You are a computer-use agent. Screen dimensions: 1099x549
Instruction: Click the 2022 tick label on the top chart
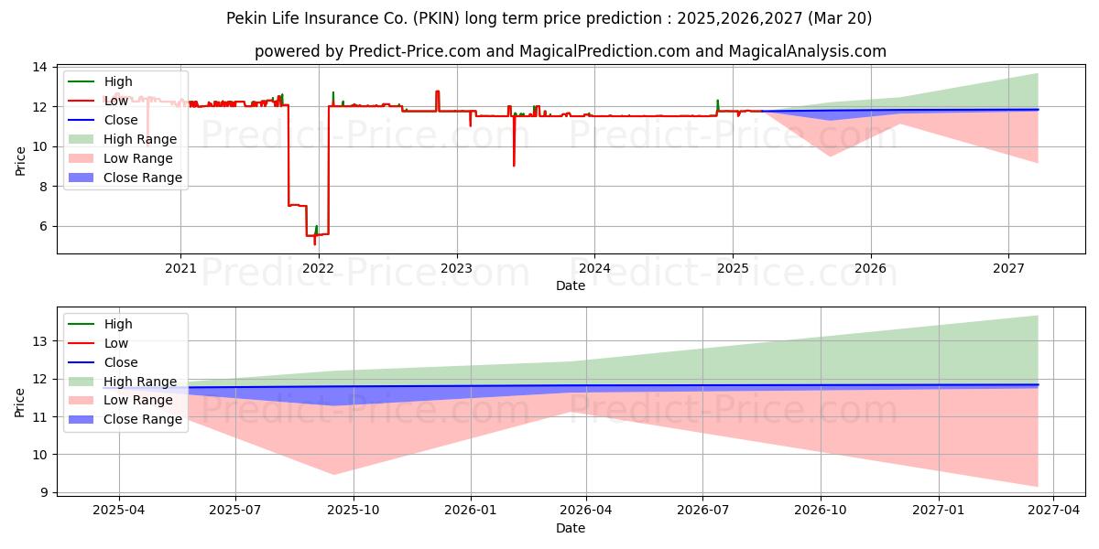319,269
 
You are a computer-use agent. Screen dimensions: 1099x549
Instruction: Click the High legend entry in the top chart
100,81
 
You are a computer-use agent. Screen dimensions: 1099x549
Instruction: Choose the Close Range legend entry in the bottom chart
125,419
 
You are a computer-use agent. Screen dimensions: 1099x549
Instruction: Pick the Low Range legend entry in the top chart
121,158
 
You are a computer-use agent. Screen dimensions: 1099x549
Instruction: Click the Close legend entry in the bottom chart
103,362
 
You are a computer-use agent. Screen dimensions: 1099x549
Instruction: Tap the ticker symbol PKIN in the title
436,18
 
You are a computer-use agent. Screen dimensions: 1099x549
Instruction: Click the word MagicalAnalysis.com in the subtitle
807,51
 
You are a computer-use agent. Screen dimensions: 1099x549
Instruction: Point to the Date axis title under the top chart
570,285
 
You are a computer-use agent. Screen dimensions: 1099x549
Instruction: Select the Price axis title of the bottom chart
19,403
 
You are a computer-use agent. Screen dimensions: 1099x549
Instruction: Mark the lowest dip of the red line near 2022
314,244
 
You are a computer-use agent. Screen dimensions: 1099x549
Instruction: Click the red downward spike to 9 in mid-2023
514,166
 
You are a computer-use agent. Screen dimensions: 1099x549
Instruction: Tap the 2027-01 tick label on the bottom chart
938,511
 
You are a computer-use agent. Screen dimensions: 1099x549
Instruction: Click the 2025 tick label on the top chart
733,269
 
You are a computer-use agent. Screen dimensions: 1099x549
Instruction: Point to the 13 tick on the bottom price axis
39,341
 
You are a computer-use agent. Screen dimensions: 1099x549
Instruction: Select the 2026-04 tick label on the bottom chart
586,511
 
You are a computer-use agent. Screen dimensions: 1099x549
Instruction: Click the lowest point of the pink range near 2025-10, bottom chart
334,474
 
